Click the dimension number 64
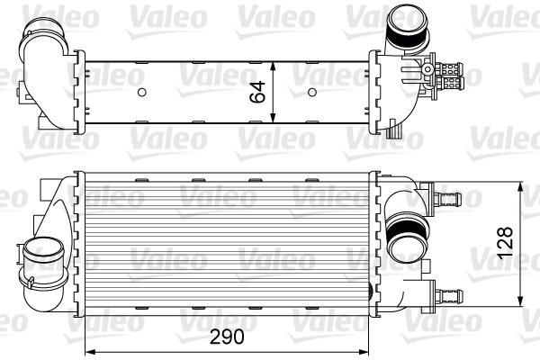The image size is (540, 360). click(257, 91)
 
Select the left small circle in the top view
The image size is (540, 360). click(142, 92)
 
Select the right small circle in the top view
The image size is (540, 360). click(311, 92)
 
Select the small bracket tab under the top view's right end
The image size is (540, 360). click(394, 132)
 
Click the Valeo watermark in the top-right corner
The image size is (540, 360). click(509, 14)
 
